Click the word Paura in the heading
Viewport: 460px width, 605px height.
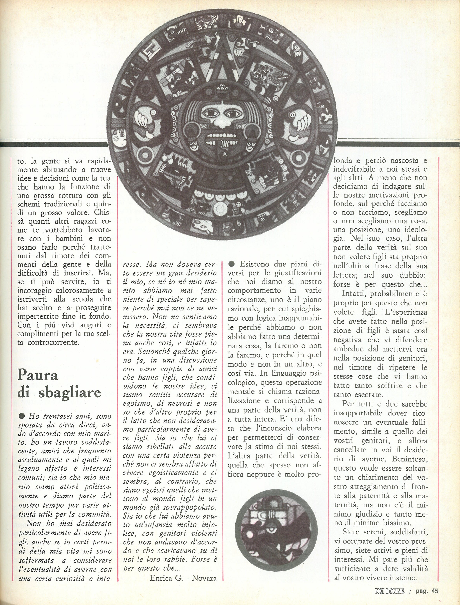coord(38,376)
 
